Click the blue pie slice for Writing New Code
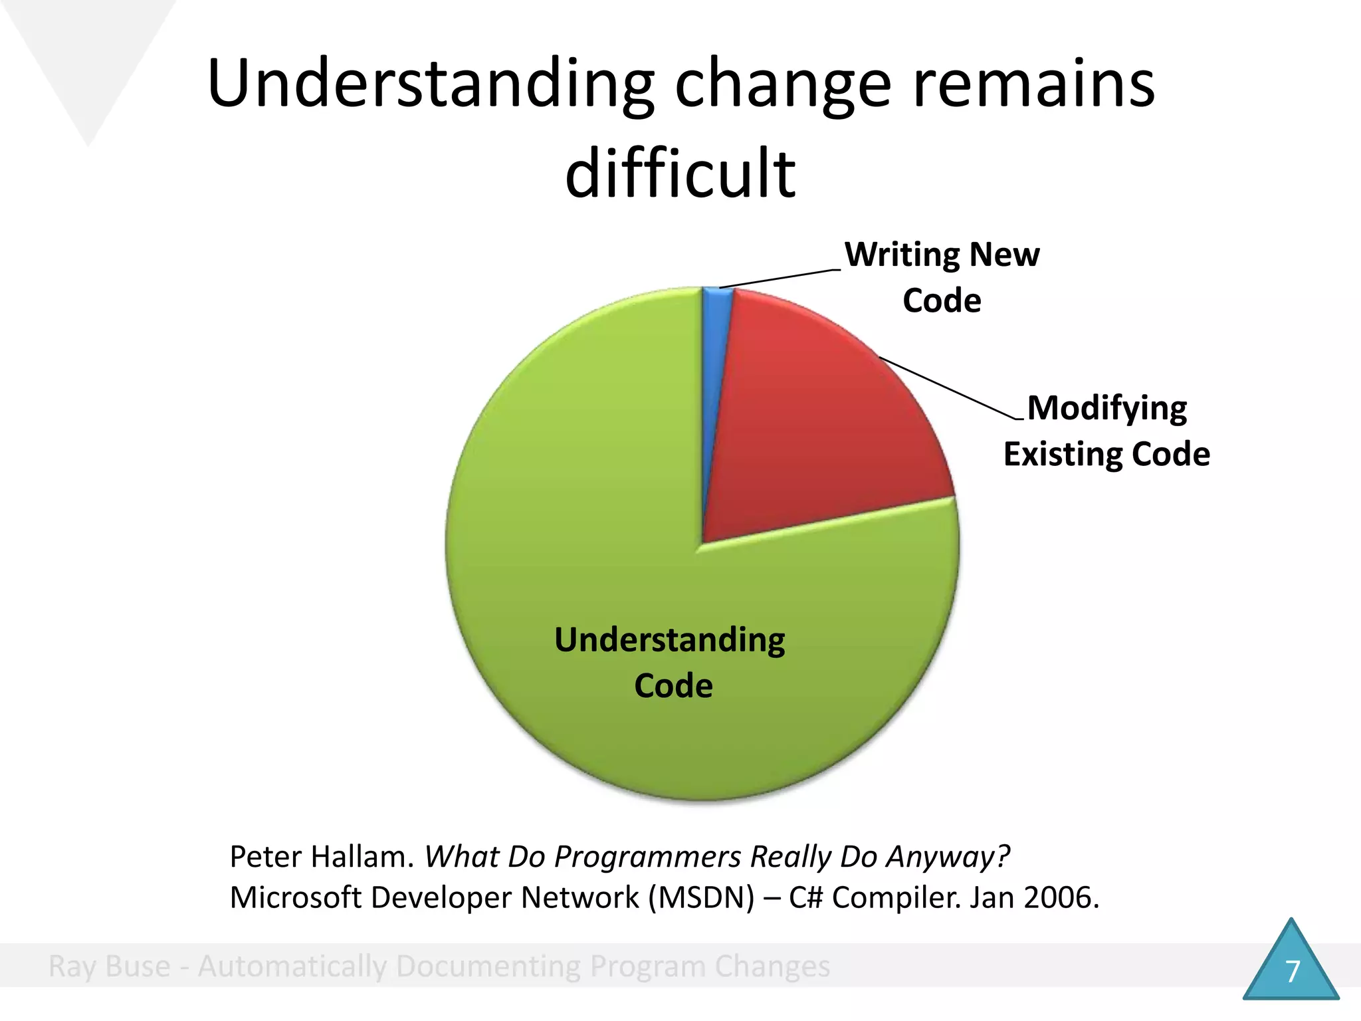point(714,346)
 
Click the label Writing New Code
point(942,277)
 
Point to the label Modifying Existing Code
point(1106,431)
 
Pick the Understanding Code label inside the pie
point(670,662)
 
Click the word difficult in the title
point(680,173)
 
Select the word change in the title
point(783,85)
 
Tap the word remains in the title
point(1034,84)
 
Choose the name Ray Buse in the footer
point(110,966)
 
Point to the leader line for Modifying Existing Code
point(950,389)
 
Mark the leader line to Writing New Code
point(781,279)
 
